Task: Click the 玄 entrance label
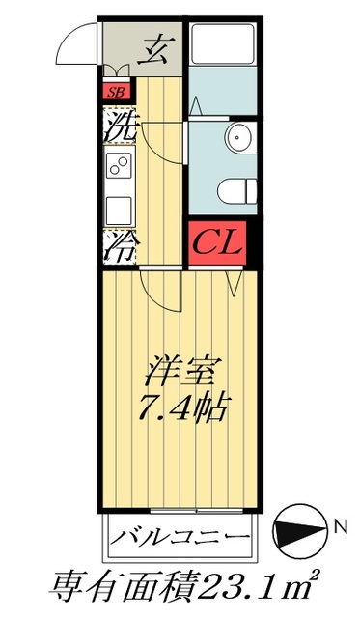pyautogui.click(x=153, y=48)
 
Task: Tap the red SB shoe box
pyautogui.click(x=115, y=93)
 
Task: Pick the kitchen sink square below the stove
pyautogui.click(x=119, y=208)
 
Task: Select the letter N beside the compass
pyautogui.click(x=340, y=528)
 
